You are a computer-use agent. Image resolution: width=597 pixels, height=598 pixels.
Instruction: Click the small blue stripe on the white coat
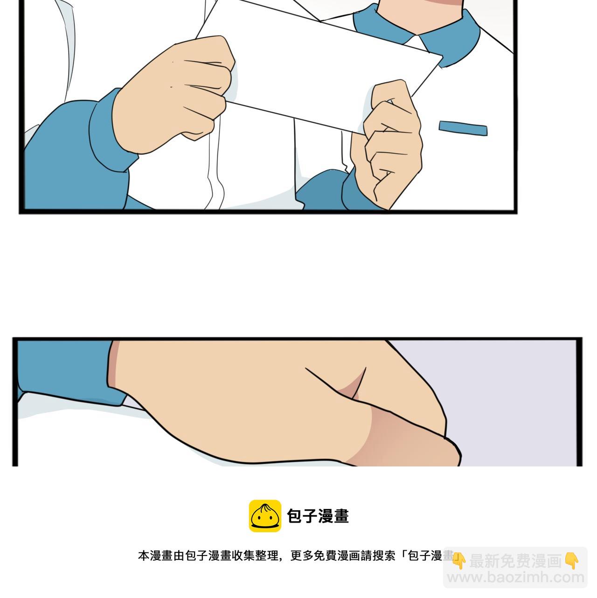coord(463,128)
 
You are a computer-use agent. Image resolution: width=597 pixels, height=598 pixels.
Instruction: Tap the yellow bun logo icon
coord(265,516)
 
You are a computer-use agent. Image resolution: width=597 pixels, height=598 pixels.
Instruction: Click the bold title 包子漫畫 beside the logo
coord(318,516)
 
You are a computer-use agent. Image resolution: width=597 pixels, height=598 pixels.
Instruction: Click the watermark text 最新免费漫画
coord(515,561)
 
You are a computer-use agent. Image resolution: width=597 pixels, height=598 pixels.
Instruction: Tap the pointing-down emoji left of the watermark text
coord(459,561)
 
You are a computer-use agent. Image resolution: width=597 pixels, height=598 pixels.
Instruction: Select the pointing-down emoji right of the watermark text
coord(572,561)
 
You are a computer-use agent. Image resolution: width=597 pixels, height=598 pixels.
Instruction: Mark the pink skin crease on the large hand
coord(352,387)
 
